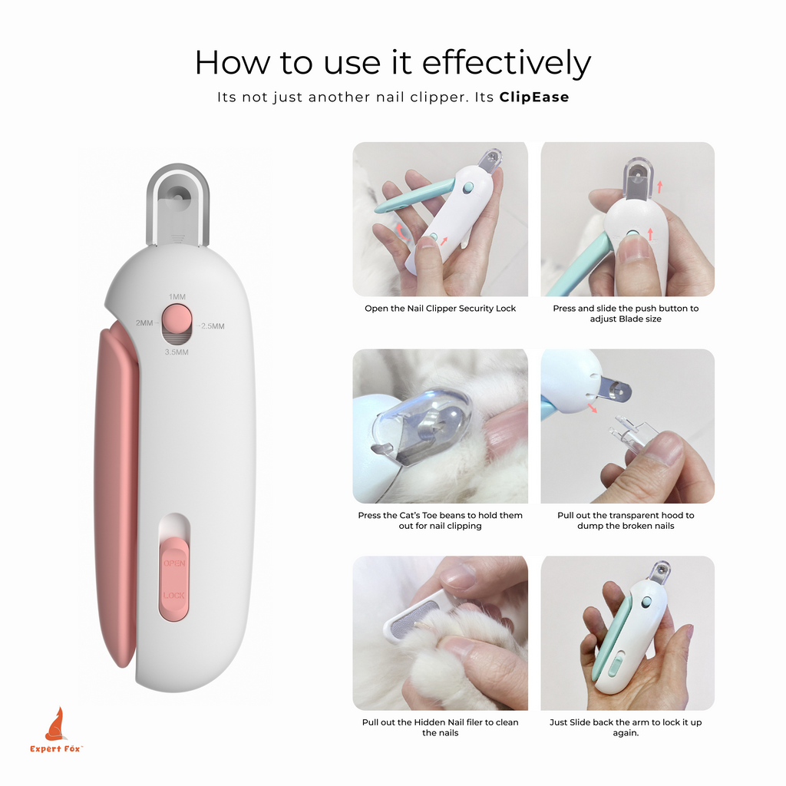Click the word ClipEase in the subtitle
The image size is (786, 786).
tap(534, 97)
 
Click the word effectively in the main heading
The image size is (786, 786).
tap(507, 63)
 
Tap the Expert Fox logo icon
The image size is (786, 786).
tap(55, 724)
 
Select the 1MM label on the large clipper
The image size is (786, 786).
tap(177, 297)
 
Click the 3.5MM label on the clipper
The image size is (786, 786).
tap(177, 352)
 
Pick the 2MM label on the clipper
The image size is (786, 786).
tap(145, 323)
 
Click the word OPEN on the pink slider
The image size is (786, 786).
tap(174, 563)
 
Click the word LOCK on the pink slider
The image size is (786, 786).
tap(173, 595)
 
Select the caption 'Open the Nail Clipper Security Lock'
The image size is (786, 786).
tap(440, 309)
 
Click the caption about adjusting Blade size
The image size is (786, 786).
tap(626, 313)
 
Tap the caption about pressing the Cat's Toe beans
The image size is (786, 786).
tap(440, 520)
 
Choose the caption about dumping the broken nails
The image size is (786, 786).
tap(626, 520)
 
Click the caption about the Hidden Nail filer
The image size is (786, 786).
tap(440, 728)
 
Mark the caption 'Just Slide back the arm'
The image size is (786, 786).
tap(626, 728)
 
